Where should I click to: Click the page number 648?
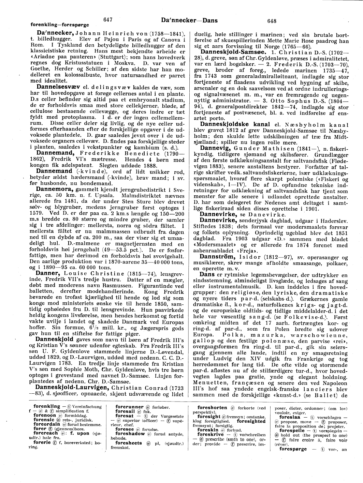(x=272, y=21)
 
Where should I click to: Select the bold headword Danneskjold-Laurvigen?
(x=72, y=388)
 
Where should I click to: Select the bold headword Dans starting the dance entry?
(x=207, y=274)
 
